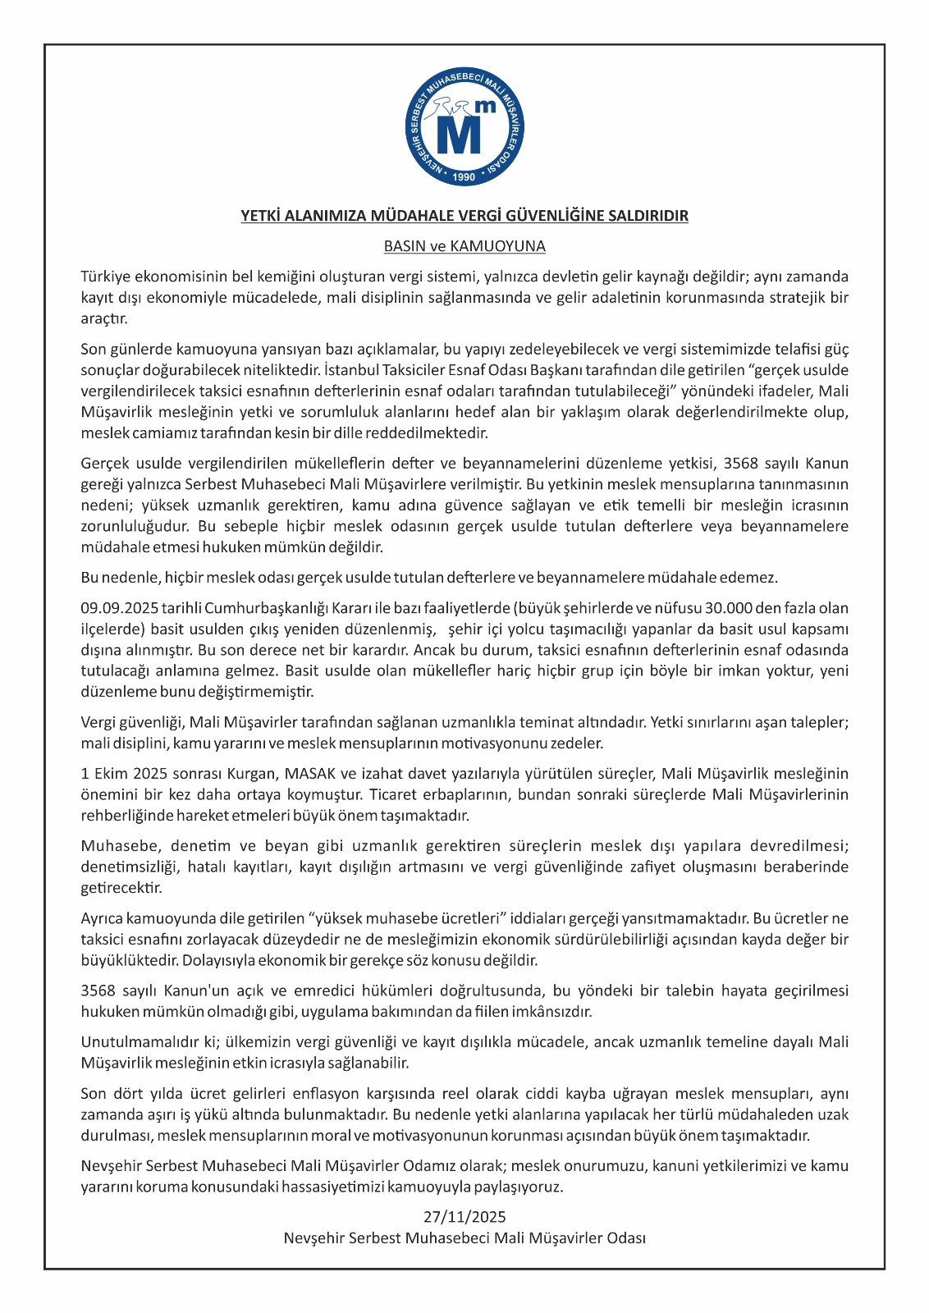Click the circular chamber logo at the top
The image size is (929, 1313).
coord(464,128)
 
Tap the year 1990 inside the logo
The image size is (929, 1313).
coord(464,176)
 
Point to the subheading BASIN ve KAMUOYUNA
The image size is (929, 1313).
coord(464,246)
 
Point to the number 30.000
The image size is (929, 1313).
coord(712,608)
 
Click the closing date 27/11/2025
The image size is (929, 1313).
coord(464,1216)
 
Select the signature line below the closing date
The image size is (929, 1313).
coord(464,1238)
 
